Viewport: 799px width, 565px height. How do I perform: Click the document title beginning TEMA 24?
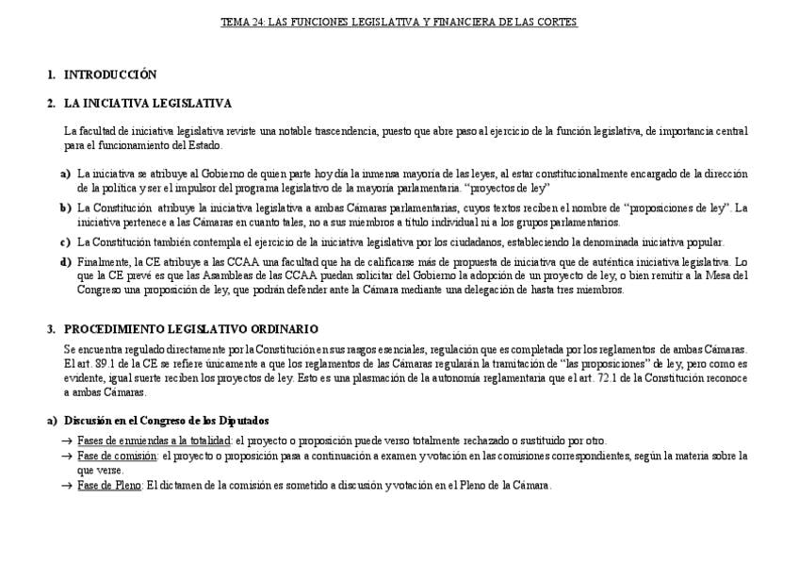(x=399, y=22)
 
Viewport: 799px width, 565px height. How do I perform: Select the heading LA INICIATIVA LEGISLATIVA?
(x=147, y=103)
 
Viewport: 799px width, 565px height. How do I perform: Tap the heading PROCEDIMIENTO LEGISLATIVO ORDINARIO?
(x=190, y=329)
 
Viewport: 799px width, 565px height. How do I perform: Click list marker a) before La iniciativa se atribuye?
(x=65, y=174)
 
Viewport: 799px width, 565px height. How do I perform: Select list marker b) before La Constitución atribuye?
(x=65, y=208)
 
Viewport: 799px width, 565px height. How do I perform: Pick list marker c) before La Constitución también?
(x=65, y=242)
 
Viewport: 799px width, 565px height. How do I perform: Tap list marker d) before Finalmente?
(x=65, y=261)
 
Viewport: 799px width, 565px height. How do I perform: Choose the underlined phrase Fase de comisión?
(x=117, y=457)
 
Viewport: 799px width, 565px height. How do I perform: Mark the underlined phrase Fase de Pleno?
(x=109, y=486)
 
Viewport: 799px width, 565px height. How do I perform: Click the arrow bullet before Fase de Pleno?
(x=66, y=486)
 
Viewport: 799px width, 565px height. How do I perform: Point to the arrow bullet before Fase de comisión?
(x=66, y=457)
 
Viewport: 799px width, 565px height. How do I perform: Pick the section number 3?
(x=51, y=329)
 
